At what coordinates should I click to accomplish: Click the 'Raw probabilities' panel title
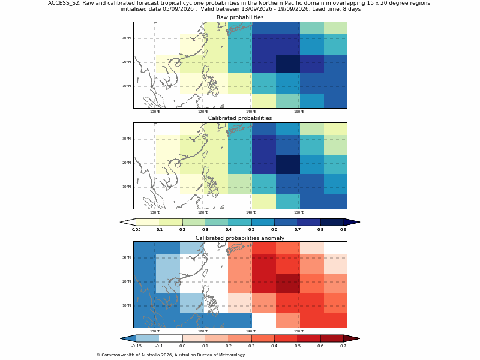[240, 17]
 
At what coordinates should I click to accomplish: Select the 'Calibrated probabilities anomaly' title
[240, 238]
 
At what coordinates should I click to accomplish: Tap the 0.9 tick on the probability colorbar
[343, 229]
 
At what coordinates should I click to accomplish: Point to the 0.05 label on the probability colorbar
[136, 229]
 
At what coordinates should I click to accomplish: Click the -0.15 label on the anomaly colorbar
[136, 346]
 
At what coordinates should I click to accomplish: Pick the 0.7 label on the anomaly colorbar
[343, 346]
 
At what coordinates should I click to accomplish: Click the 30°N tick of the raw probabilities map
[127, 38]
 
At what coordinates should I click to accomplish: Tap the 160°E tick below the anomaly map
[299, 331]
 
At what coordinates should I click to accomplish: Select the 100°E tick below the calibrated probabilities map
[155, 212]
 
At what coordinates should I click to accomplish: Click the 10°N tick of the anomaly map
[127, 305]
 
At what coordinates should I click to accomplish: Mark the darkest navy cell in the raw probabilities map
[288, 64]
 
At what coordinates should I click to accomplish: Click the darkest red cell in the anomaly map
[288, 283]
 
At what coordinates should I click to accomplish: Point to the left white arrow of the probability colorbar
[128, 222]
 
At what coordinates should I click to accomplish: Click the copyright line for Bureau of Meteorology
[170, 355]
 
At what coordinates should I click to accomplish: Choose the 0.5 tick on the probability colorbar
[251, 229]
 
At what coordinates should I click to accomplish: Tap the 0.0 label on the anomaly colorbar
[182, 346]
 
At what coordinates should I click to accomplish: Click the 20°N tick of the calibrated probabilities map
[127, 163]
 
